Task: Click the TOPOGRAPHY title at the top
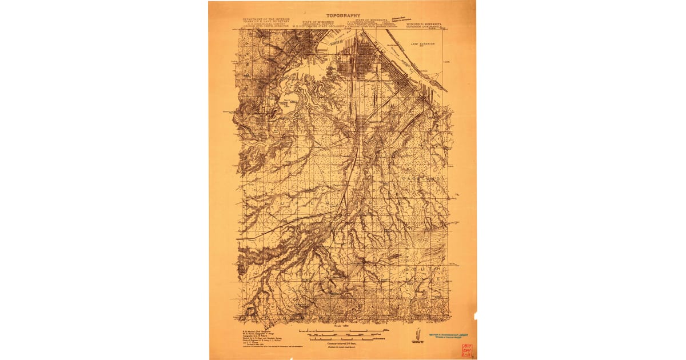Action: click(x=343, y=15)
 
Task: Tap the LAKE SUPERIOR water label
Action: click(x=422, y=43)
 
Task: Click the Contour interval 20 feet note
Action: click(x=343, y=345)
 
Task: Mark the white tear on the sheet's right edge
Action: click(x=474, y=316)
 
